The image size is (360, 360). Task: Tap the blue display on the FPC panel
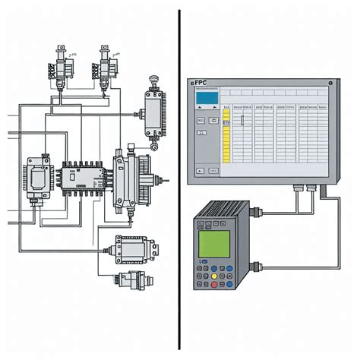pos(205,97)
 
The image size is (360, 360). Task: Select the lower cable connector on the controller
pos(255,265)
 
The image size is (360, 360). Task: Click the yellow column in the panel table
pos(226,137)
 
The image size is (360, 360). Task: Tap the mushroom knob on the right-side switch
pos(153,78)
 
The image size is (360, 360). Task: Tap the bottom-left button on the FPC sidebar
pos(200,171)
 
